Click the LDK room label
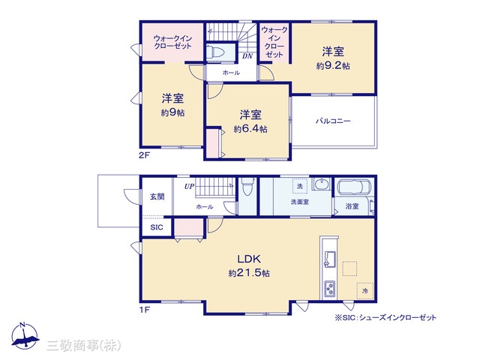click(249, 259)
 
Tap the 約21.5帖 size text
click(249, 273)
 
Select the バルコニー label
click(333, 121)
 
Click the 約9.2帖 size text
click(333, 66)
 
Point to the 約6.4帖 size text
click(250, 129)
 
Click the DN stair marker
click(247, 56)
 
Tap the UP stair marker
click(189, 186)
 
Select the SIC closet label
click(157, 227)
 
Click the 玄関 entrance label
click(157, 196)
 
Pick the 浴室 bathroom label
click(352, 206)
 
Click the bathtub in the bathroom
click(354, 187)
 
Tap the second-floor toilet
click(215, 52)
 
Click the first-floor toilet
click(247, 186)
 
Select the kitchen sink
click(330, 259)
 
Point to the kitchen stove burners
click(330, 289)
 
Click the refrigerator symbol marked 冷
click(365, 290)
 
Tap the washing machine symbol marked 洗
click(300, 186)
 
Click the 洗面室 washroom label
click(300, 202)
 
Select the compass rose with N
click(25, 336)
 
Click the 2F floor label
click(144, 155)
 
